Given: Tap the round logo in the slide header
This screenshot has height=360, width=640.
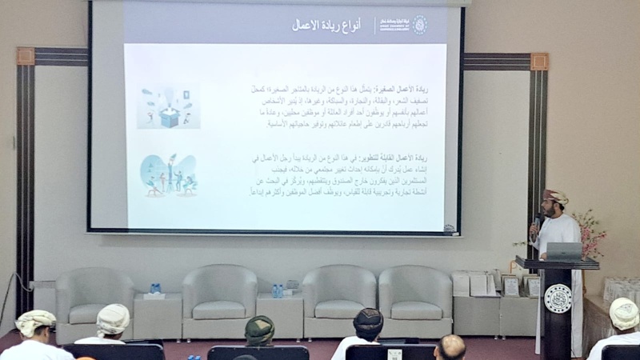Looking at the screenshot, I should pyautogui.click(x=419, y=24).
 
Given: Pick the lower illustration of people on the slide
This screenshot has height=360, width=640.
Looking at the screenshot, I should pyautogui.click(x=168, y=174).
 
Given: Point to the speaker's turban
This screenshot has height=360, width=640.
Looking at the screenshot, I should pyautogui.click(x=555, y=196).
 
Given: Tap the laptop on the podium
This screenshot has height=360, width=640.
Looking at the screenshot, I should pyautogui.click(x=564, y=251).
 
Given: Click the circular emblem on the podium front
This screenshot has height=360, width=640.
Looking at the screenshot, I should pyautogui.click(x=557, y=298).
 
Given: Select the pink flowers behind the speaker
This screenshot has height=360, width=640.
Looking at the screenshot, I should pyautogui.click(x=590, y=232).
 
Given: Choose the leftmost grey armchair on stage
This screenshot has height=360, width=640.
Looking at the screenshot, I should pyautogui.click(x=94, y=302).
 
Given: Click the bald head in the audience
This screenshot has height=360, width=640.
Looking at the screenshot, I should pyautogui.click(x=450, y=346).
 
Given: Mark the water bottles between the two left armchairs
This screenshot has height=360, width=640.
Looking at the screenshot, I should pyautogui.click(x=155, y=288).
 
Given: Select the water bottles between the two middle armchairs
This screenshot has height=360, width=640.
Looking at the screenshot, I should pyautogui.click(x=277, y=290).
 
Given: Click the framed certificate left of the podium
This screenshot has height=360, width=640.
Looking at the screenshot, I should pyautogui.click(x=510, y=286).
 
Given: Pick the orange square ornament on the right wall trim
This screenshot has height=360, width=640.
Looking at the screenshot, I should pyautogui.click(x=538, y=62).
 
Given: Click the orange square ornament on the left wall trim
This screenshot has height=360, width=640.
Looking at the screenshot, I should pyautogui.click(x=26, y=56).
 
